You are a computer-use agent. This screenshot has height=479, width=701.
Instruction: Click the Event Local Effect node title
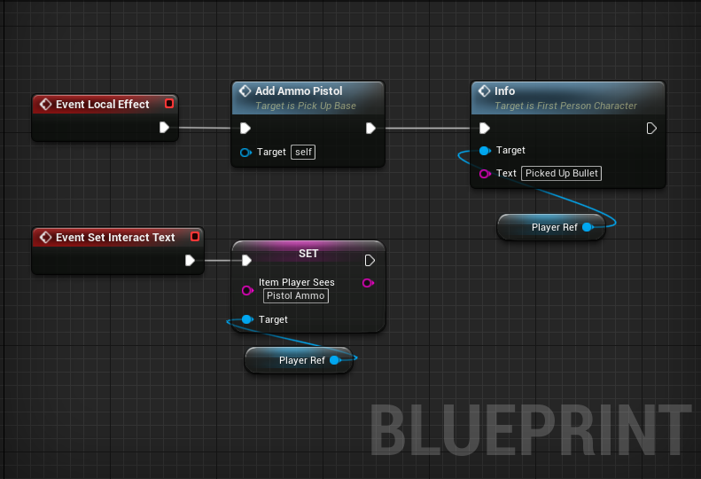pyautogui.click(x=102, y=105)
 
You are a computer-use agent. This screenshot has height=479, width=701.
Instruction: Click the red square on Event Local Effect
pyautogui.click(x=169, y=104)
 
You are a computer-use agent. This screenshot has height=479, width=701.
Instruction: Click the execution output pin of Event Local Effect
pyautogui.click(x=164, y=128)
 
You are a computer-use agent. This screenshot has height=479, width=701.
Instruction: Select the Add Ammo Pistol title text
pyautogui.click(x=299, y=91)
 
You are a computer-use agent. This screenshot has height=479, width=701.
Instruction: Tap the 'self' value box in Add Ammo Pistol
pyautogui.click(x=304, y=153)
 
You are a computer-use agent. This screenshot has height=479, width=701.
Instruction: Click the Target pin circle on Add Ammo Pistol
pyautogui.click(x=245, y=153)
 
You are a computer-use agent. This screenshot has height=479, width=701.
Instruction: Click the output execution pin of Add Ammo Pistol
pyautogui.click(x=370, y=129)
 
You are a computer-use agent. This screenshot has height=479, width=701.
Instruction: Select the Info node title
pyautogui.click(x=504, y=91)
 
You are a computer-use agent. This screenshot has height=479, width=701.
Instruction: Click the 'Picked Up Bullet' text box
pyautogui.click(x=562, y=173)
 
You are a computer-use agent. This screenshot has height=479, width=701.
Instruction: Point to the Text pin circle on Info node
pyautogui.click(x=484, y=174)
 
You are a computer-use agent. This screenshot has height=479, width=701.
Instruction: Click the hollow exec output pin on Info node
pyautogui.click(x=651, y=129)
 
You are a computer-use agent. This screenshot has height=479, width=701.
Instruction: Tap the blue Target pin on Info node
pyautogui.click(x=484, y=151)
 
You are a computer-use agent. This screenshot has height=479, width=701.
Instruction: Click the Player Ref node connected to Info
pyautogui.click(x=553, y=227)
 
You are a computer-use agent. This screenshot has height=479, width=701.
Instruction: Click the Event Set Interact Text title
pyautogui.click(x=115, y=238)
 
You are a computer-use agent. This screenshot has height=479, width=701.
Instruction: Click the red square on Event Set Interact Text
pyautogui.click(x=194, y=237)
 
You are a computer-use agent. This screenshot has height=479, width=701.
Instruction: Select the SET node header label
pyautogui.click(x=308, y=254)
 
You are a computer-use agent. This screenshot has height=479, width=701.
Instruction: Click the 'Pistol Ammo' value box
pyautogui.click(x=296, y=295)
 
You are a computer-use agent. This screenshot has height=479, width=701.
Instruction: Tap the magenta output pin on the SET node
pyautogui.click(x=367, y=283)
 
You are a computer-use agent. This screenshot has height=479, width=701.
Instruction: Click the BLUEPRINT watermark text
pyautogui.click(x=529, y=432)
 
